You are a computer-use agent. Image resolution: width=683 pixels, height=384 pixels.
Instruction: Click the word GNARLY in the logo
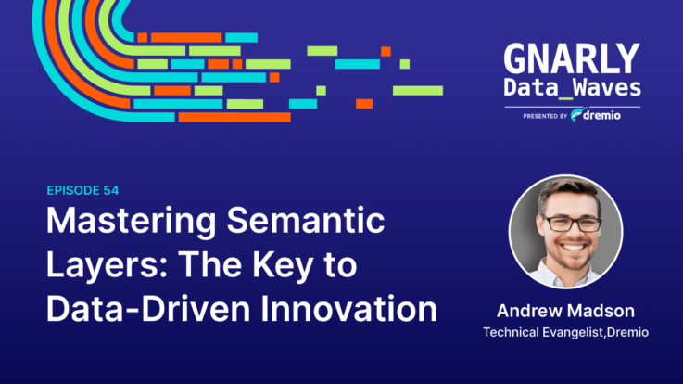click(572, 58)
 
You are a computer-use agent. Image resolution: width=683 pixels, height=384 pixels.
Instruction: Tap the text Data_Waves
click(573, 88)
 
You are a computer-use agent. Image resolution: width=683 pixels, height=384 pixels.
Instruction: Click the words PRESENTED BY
click(545, 116)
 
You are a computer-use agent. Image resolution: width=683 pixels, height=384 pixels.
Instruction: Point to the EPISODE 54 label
click(82, 190)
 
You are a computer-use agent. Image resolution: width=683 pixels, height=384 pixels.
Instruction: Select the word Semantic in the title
click(306, 221)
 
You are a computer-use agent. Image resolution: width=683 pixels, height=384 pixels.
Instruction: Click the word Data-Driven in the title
click(148, 309)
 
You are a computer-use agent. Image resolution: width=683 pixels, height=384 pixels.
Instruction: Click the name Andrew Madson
click(566, 311)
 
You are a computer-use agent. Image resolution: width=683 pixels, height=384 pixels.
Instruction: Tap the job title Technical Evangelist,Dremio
click(566, 333)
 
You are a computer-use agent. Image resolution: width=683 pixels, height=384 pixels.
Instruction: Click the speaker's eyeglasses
click(573, 224)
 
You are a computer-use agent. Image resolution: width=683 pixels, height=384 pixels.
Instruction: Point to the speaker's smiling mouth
click(573, 247)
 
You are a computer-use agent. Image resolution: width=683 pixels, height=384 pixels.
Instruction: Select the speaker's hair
click(566, 192)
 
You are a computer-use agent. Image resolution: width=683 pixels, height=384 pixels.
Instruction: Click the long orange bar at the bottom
click(234, 117)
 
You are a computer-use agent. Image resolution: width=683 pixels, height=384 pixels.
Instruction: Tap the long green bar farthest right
click(418, 91)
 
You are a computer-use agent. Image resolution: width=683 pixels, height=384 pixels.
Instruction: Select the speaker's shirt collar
click(566, 274)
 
